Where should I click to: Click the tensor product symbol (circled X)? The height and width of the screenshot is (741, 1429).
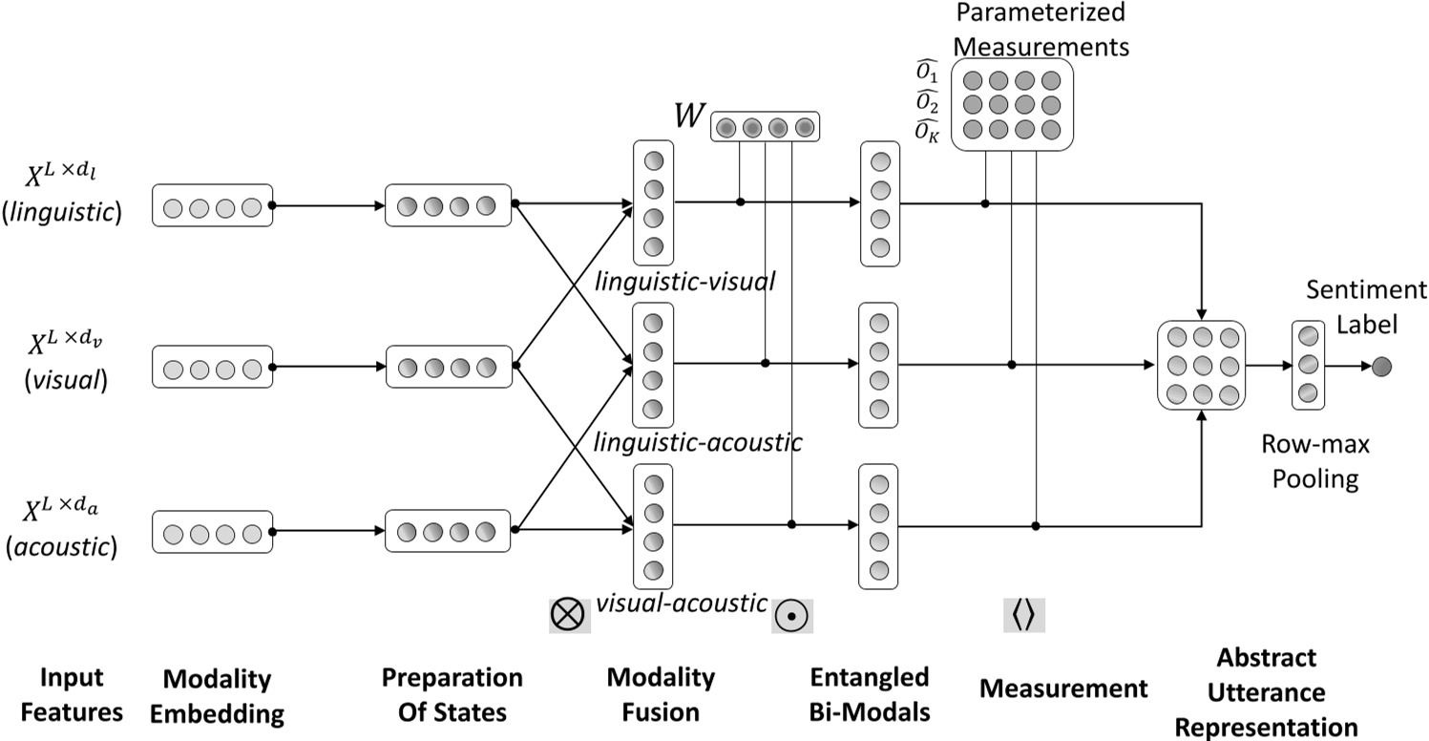click(x=570, y=614)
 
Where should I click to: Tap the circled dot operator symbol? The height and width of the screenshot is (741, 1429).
click(x=791, y=614)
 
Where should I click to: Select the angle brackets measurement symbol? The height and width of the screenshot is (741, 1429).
click(x=1023, y=614)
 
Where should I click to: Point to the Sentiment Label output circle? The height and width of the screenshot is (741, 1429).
click(x=1381, y=365)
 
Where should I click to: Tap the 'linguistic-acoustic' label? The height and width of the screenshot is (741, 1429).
click(x=697, y=442)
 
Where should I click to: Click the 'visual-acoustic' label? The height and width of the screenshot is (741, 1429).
click(x=682, y=603)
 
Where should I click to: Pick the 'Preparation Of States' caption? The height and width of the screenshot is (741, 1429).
click(x=452, y=695)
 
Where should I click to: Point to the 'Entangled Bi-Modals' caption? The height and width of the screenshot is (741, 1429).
click(x=869, y=695)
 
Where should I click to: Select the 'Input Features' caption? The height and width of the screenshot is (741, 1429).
click(x=72, y=695)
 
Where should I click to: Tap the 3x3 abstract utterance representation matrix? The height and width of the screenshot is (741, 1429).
click(x=1202, y=365)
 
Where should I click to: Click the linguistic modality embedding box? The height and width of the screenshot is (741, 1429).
click(x=212, y=205)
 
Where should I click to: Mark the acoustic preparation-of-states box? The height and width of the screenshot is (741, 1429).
click(x=448, y=531)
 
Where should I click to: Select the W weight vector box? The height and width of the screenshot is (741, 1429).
click(x=765, y=126)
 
